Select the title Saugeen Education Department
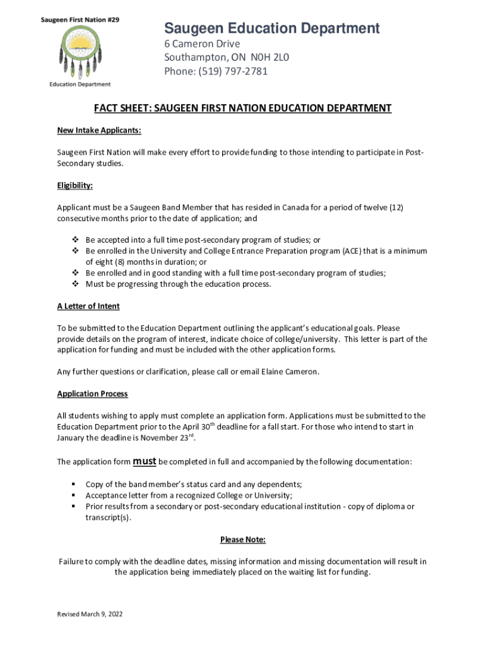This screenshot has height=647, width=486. click(x=272, y=28)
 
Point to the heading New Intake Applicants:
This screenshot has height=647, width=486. click(x=99, y=131)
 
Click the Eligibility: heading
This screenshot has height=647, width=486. click(x=74, y=186)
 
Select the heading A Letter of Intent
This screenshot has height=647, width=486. click(x=88, y=306)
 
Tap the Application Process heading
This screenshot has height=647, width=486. click(x=92, y=394)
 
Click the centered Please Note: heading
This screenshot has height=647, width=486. click(x=243, y=540)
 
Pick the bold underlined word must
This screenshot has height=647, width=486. click(x=145, y=461)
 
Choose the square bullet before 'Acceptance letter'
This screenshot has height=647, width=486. click(x=74, y=495)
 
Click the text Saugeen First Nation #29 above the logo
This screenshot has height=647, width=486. click(x=80, y=20)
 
